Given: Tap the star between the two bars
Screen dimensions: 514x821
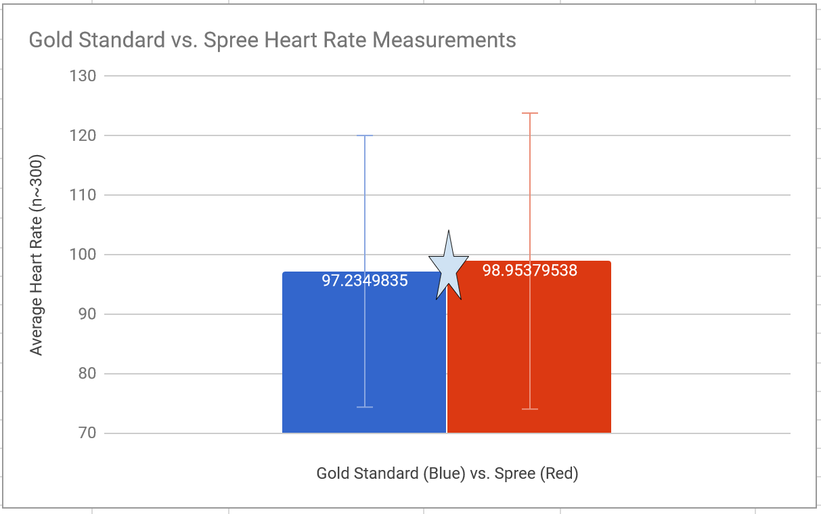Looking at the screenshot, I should pos(447,267).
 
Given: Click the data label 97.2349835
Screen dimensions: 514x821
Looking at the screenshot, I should pos(365,280).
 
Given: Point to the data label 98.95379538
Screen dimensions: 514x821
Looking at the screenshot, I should pos(529,271).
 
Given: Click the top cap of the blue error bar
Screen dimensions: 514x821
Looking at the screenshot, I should pos(365,135).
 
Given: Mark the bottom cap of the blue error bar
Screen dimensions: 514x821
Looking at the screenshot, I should pos(365,407).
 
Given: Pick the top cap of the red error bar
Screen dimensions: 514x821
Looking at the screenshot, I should pos(530,113).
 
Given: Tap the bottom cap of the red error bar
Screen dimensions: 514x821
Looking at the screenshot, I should pos(530,409).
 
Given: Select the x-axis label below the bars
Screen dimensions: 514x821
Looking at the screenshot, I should pos(447,473).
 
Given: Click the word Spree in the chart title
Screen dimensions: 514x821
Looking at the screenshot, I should pos(231,40).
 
